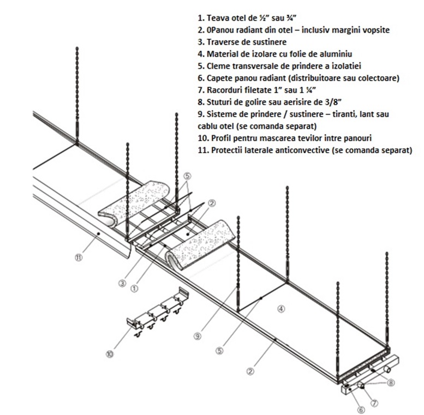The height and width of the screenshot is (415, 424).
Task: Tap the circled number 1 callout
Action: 134,288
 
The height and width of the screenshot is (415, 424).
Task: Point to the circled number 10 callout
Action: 110,353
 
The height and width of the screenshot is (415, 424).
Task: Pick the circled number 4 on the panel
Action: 280,309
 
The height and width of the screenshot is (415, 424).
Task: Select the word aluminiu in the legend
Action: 336,54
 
